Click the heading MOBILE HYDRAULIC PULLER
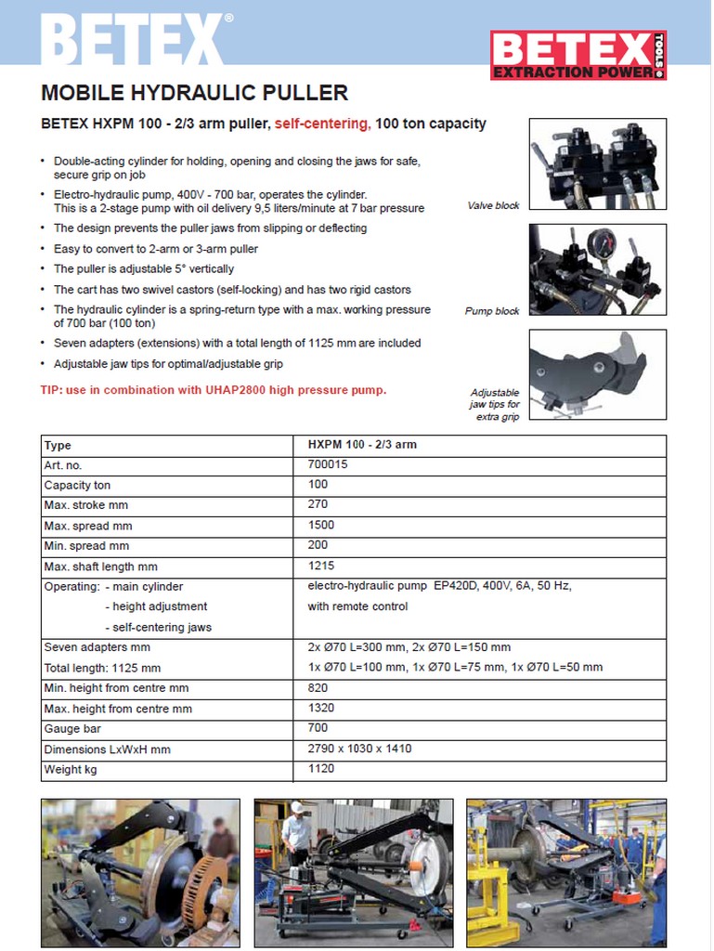click(x=195, y=93)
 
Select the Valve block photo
click(x=597, y=164)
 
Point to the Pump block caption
click(x=492, y=311)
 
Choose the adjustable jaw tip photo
click(x=597, y=373)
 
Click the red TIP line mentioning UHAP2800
click(x=214, y=390)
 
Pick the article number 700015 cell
click(x=327, y=464)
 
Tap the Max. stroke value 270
click(x=318, y=505)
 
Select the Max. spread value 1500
click(x=321, y=526)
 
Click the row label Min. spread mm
click(x=87, y=546)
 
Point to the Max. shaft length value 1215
click(x=321, y=566)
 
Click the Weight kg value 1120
click(x=321, y=769)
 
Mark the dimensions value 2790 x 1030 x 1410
click(x=359, y=749)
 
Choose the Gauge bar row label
click(x=72, y=729)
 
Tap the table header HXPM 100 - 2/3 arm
click(x=362, y=445)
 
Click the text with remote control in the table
click(x=357, y=606)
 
